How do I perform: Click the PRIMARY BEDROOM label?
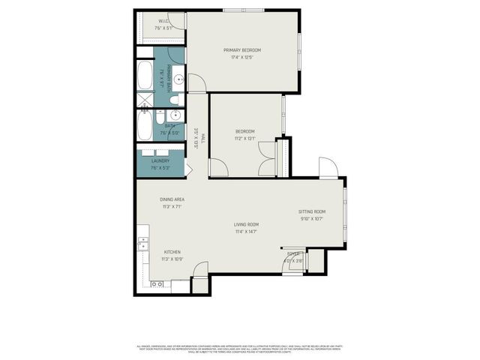(241, 49)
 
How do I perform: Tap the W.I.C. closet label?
(163, 21)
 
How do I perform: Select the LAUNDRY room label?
(160, 160)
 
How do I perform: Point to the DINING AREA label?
(172, 199)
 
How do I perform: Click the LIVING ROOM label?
(246, 224)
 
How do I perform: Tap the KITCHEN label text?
(172, 252)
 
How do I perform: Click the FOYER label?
(293, 254)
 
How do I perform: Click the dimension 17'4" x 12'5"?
(241, 56)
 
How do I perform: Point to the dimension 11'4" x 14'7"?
(246, 232)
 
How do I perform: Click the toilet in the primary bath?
(174, 99)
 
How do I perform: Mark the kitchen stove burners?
(158, 285)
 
